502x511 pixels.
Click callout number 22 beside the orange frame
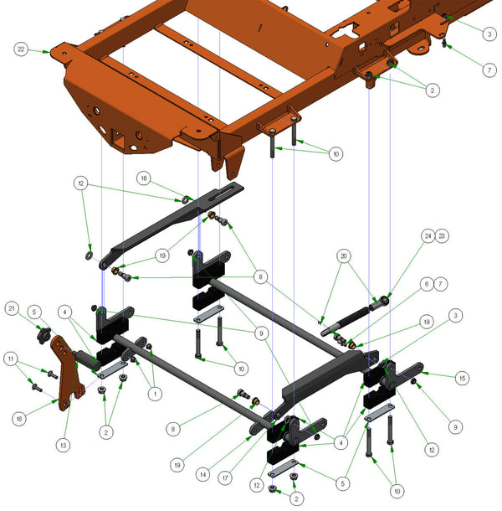pos(20,50)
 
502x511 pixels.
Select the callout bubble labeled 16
pos(144,178)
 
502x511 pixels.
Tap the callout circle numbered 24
pos(428,236)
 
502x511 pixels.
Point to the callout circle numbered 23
pos(443,236)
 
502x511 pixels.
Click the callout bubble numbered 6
pos(426,285)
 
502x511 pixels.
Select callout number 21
pos(12,309)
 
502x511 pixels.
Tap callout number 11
pos(10,359)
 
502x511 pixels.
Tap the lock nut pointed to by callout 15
pos(414,382)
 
